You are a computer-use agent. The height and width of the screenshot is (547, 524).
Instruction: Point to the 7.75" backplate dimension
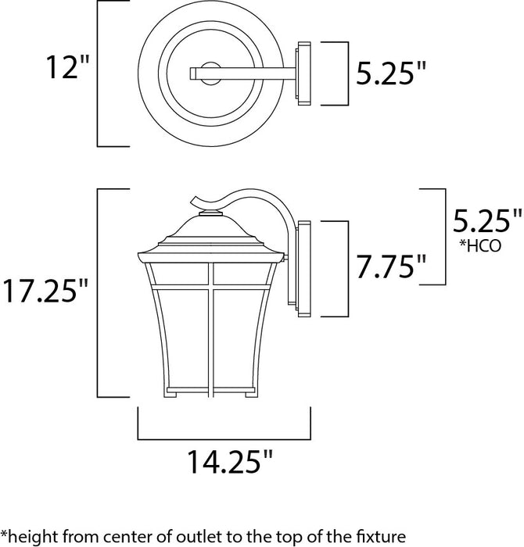click(389, 268)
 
